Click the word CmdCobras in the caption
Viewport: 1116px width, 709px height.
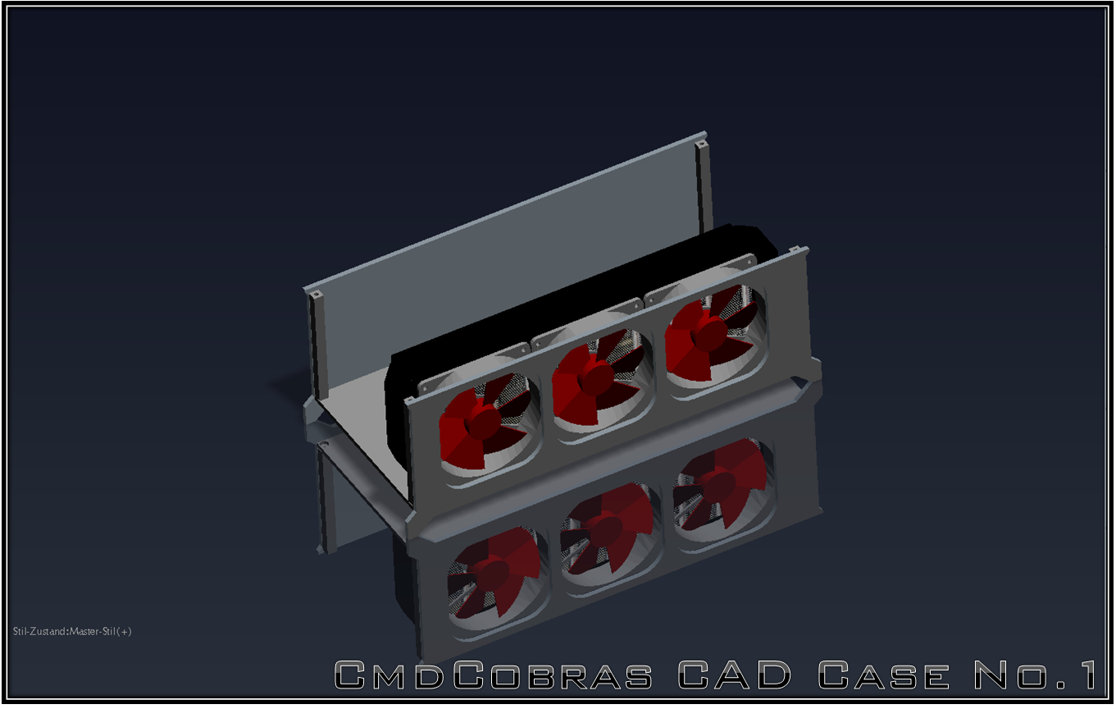(x=493, y=675)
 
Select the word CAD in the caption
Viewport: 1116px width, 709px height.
(x=734, y=675)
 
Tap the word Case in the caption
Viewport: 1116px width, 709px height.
(x=883, y=675)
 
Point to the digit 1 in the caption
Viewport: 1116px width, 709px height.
(x=1087, y=675)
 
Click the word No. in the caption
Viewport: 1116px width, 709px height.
(x=1021, y=675)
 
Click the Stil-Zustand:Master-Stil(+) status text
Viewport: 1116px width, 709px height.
(x=72, y=631)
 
